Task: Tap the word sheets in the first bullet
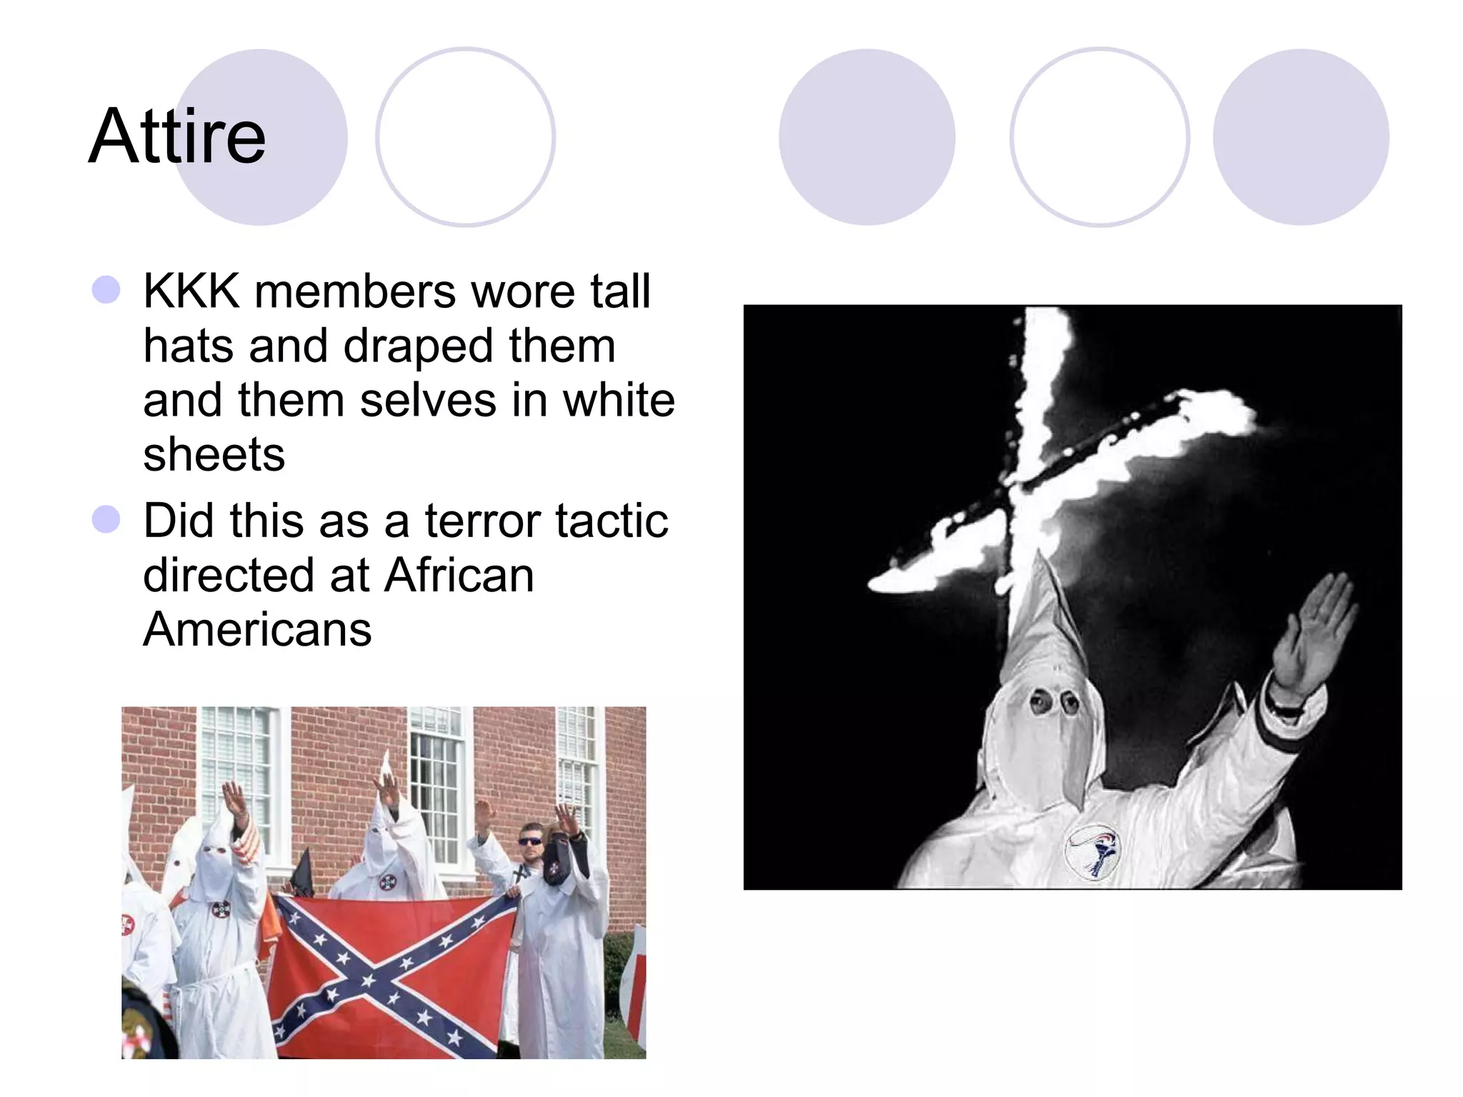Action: coord(214,454)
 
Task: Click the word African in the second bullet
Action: coord(459,575)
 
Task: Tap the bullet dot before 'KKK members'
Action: coord(106,291)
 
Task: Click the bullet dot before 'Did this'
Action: coord(106,519)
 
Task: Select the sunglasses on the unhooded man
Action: coord(531,841)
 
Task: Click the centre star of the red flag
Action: coord(369,980)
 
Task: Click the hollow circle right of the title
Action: coord(465,137)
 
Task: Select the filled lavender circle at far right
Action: coord(1301,137)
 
